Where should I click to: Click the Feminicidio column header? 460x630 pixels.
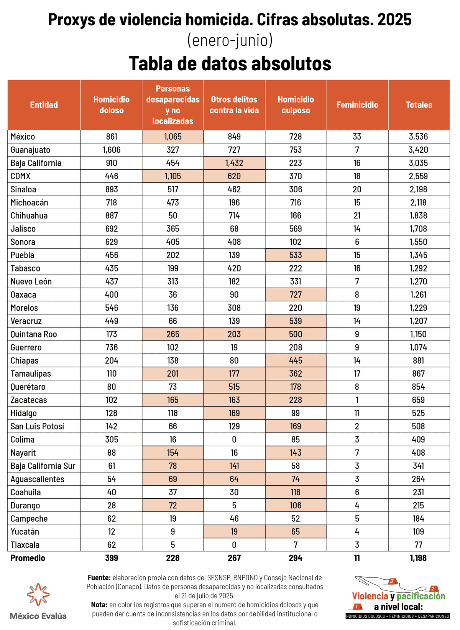point(357,105)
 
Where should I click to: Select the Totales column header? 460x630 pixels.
point(419,105)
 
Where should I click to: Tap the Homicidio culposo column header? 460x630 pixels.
point(296,105)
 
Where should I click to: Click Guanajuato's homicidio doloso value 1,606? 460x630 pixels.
point(112,150)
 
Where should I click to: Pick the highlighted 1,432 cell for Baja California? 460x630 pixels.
point(234,163)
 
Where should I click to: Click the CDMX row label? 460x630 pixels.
point(21,176)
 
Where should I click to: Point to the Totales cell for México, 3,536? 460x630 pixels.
point(418,137)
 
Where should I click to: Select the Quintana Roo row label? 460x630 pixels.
point(34,334)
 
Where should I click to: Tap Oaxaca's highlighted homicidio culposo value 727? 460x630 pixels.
point(296,295)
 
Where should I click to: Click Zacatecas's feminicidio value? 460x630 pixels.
point(357,400)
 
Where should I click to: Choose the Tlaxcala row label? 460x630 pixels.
point(25,545)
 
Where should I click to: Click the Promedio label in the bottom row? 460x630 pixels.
point(28,558)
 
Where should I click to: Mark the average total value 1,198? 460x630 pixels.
point(418,558)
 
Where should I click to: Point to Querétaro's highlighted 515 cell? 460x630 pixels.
point(234,387)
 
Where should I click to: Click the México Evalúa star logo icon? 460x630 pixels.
point(38,594)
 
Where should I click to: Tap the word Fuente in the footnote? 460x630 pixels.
point(99,578)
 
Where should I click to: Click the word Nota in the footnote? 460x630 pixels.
point(99,605)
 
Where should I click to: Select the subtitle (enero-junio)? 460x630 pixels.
point(230,40)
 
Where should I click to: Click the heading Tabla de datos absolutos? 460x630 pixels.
point(230,63)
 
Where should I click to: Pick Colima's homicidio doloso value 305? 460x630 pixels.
point(112,440)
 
